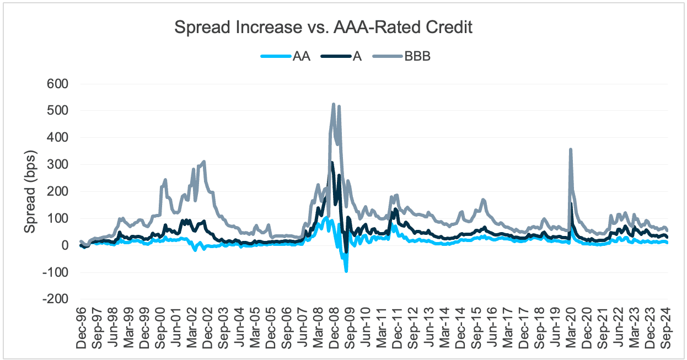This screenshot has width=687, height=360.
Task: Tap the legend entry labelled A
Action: [357, 56]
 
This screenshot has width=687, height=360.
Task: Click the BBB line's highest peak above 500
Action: [334, 104]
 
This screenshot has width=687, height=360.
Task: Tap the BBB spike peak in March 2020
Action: [570, 149]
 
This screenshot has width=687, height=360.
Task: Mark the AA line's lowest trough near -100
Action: [346, 271]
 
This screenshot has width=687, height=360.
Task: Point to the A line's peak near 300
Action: [332, 163]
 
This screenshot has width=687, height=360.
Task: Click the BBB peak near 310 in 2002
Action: [204, 162]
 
